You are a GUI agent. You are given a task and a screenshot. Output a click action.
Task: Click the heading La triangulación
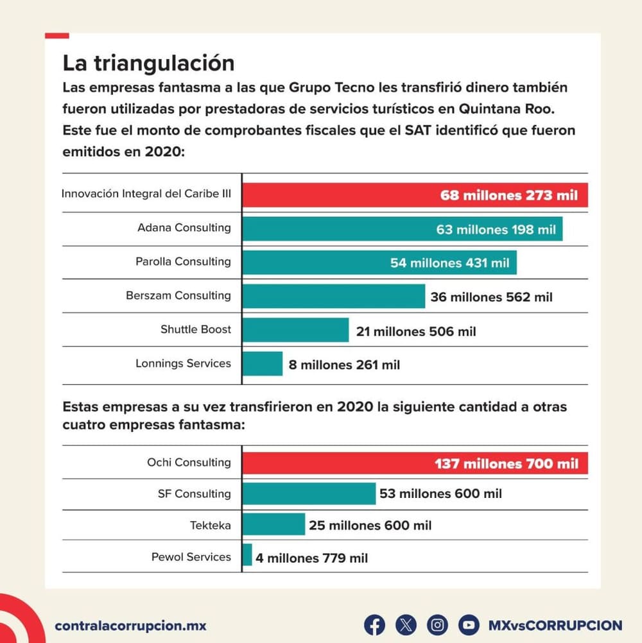[148, 64]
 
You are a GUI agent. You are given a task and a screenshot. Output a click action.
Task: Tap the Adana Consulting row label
[184, 228]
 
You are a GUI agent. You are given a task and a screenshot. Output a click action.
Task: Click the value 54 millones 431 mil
[449, 263]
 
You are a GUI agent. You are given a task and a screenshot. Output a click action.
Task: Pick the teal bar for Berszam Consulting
[333, 296]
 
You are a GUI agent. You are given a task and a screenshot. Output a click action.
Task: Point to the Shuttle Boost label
[196, 329]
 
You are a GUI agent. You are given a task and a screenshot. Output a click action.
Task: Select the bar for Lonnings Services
[263, 364]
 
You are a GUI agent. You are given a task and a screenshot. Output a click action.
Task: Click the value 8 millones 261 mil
[344, 365]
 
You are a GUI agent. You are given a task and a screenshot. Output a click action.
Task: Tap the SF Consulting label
[194, 493]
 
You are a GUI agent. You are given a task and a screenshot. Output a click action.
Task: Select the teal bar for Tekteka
[273, 525]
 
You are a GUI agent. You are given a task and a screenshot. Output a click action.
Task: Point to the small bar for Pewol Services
[247, 556]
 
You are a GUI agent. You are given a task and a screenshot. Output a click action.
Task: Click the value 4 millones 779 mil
[311, 558]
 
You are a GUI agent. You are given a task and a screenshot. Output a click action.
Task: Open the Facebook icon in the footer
[374, 624]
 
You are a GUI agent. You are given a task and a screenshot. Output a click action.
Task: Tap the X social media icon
[406, 624]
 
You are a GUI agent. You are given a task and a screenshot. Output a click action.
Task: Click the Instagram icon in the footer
[437, 624]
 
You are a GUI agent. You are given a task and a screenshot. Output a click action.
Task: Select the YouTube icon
[469, 624]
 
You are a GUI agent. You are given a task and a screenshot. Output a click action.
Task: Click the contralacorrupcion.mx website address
[131, 625]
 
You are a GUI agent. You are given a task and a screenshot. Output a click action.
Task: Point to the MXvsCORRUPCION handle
[555, 625]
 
